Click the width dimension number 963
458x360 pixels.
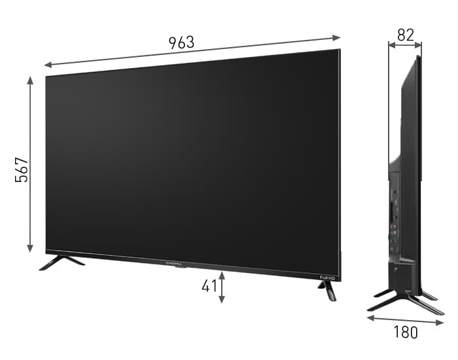click(181, 43)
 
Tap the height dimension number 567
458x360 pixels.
click(22, 170)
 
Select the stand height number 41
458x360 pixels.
click(209, 286)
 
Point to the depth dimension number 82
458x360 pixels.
click(405, 35)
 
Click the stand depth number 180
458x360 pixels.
click(405, 332)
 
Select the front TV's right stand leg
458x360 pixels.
click(330, 291)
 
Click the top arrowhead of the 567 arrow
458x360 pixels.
click(30, 80)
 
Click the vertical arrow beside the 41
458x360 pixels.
click(222, 287)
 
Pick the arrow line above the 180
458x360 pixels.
click(405, 320)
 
